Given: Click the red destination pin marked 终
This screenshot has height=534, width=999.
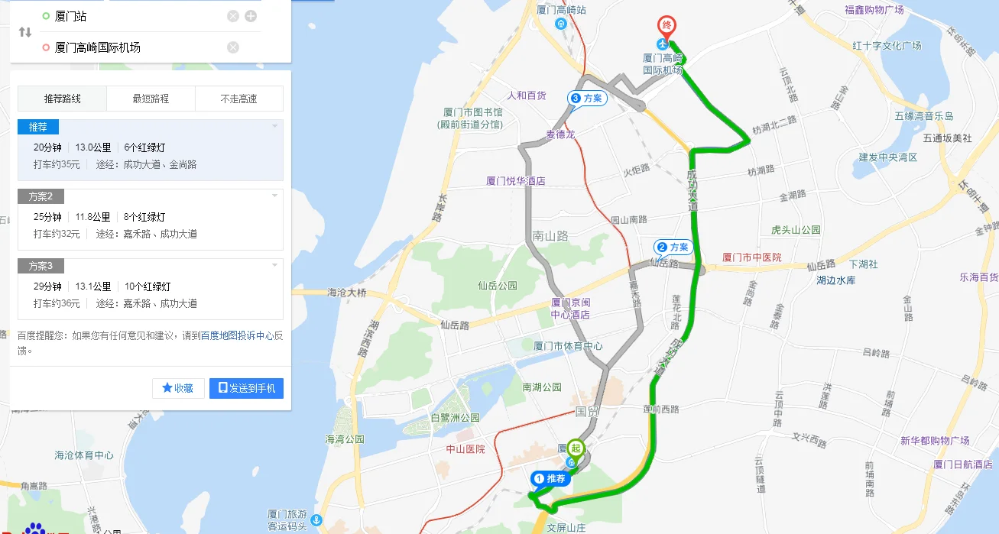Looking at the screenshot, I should [x=667, y=26].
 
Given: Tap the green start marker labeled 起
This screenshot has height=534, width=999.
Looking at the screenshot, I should [x=577, y=448].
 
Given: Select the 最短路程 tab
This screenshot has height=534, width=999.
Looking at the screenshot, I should [x=151, y=99].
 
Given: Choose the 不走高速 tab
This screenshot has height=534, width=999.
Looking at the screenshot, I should [x=238, y=99].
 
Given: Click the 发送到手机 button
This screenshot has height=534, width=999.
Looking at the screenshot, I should [x=246, y=388].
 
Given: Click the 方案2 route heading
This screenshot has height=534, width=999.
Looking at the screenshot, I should [x=41, y=196].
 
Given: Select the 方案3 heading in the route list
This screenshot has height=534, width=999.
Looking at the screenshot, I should [x=41, y=266].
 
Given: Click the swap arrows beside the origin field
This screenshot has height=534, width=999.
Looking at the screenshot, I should [x=25, y=32].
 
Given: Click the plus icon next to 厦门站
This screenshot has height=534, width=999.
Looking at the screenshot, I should [x=251, y=16].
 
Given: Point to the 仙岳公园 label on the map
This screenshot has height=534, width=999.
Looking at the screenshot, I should [x=498, y=286].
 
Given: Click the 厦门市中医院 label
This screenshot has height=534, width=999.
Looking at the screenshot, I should [x=752, y=258].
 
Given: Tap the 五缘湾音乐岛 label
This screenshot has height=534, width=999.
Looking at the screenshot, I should [x=923, y=116].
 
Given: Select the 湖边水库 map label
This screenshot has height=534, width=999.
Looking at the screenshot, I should [x=835, y=280].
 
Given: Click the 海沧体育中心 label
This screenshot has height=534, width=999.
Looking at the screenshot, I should [x=84, y=455].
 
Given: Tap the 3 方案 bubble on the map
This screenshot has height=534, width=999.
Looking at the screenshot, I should [x=587, y=98].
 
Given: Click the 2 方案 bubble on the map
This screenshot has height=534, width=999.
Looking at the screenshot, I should [x=673, y=247].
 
